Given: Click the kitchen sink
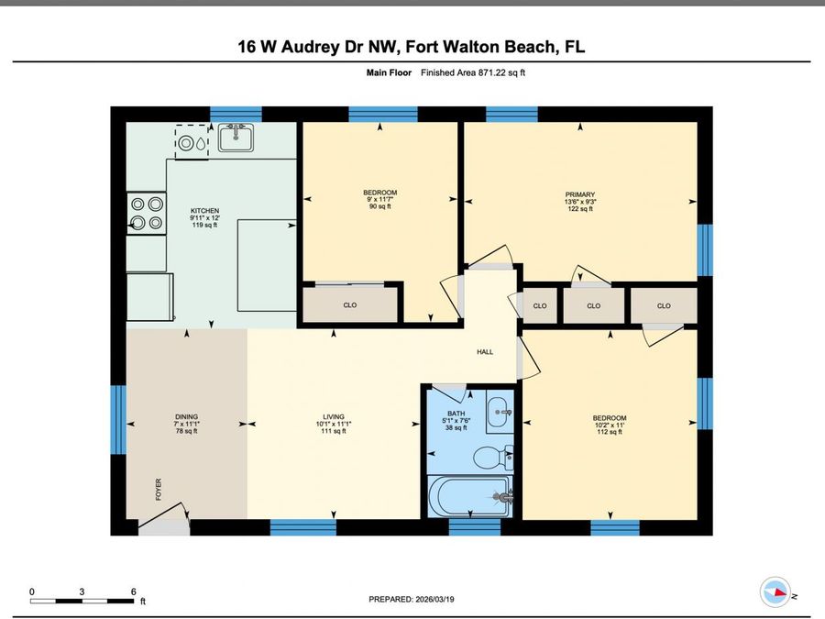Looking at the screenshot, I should click(236, 138).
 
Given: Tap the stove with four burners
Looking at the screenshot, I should click(146, 213).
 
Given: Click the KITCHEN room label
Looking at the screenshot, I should click(204, 211).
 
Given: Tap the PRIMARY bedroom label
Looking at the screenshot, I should click(579, 194).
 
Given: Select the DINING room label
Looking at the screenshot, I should click(186, 416).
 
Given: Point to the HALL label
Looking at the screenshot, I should click(485, 351).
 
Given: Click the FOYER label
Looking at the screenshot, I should click(157, 488).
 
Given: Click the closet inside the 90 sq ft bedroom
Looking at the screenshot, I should click(349, 304).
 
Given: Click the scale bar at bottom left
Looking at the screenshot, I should click(82, 601).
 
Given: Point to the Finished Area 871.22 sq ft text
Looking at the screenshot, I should click(472, 72).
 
